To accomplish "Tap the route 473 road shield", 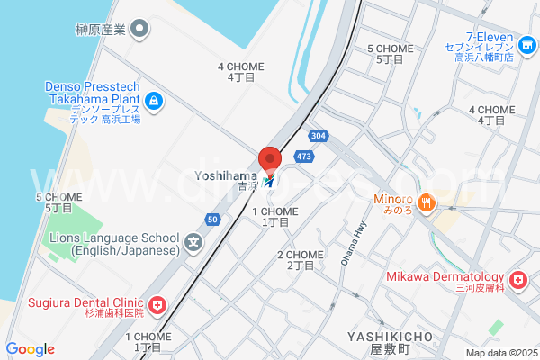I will coord(304,157).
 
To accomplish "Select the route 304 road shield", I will coord(317,135).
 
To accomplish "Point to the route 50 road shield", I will coord(212,219).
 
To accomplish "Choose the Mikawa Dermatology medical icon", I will coord(517,282).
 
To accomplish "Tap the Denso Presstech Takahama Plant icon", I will coord(154,99).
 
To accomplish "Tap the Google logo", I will coord(30,349).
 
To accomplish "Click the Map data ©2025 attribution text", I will coord(501,353).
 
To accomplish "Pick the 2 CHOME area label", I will coord(300,260).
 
